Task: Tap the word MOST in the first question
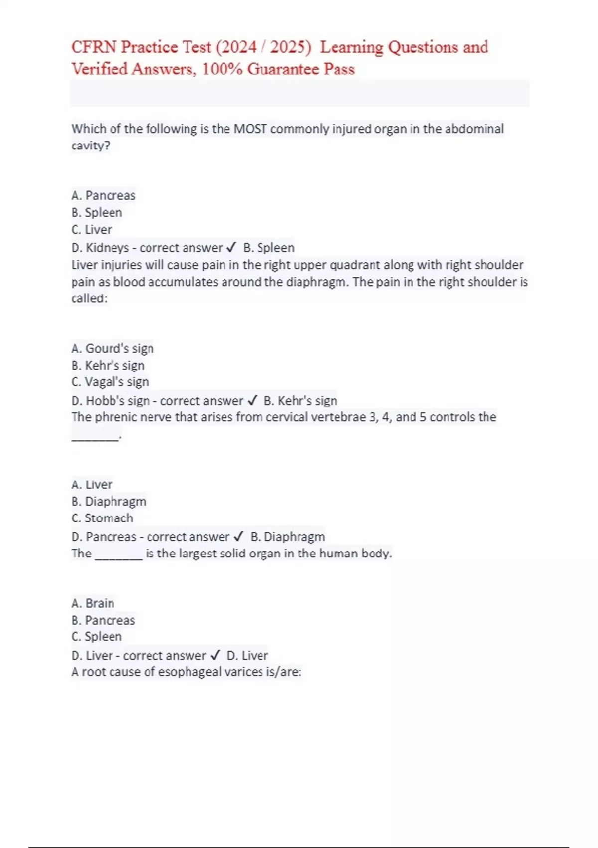250,129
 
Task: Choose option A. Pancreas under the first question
103,195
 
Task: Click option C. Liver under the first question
92,229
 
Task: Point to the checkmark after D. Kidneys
231,247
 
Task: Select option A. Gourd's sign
112,348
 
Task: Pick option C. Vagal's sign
110,382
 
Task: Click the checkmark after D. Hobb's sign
252,401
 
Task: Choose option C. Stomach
102,518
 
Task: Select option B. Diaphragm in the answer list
109,501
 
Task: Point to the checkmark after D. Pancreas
238,537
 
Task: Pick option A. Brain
93,603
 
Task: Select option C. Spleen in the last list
96,636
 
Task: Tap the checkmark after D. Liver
215,655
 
